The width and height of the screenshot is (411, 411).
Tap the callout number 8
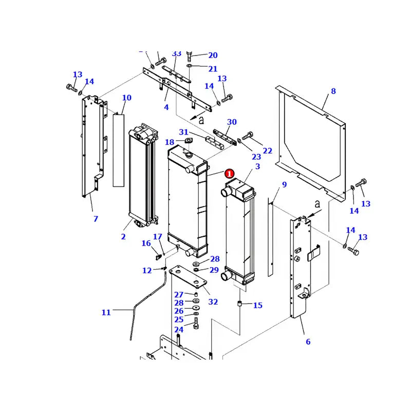point(333,91)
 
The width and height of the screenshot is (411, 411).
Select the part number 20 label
point(213,55)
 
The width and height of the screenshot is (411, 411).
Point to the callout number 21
point(213,69)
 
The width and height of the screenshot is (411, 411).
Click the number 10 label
point(126,98)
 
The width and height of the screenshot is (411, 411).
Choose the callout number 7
point(96,219)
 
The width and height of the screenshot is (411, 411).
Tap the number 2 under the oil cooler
point(123,236)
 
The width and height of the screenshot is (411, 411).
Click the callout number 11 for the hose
point(106,312)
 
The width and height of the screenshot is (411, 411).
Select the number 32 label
point(213,302)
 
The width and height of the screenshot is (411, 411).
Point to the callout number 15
point(257,306)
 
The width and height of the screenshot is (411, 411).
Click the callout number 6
point(308,342)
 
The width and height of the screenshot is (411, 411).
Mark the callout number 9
point(284,185)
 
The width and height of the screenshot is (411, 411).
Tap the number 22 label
point(268,151)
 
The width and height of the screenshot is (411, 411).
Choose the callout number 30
point(232,122)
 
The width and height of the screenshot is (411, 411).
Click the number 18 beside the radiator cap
point(170,142)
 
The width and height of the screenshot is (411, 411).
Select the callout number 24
point(178,329)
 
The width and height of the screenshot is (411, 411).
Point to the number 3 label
point(257,166)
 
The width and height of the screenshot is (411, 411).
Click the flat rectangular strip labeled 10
point(119,149)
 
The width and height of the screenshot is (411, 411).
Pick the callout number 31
point(183,132)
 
